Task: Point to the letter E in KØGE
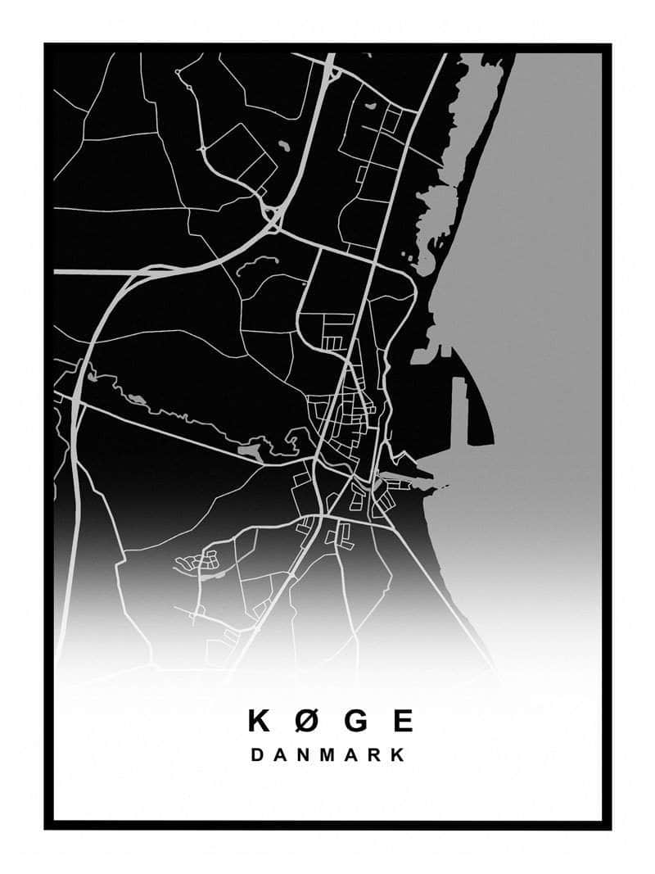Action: pyautogui.click(x=403, y=721)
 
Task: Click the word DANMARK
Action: pyautogui.click(x=327, y=755)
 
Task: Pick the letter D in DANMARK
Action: pyautogui.click(x=257, y=755)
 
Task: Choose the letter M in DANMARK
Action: pyautogui.click(x=328, y=755)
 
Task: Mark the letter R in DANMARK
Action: pyautogui.click(x=376, y=755)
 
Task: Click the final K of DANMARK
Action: pyautogui.click(x=398, y=755)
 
